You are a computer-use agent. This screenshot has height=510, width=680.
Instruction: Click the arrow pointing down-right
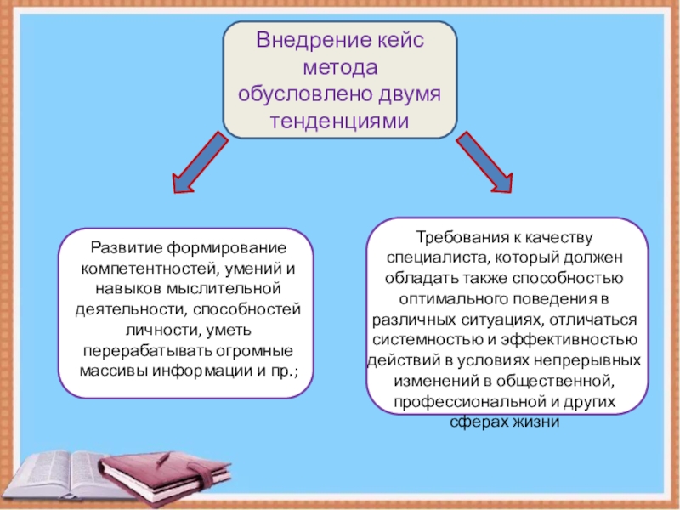click(x=484, y=160)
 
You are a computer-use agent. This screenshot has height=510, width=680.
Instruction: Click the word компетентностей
click(x=147, y=268)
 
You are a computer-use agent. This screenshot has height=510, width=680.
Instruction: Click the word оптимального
click(x=452, y=299)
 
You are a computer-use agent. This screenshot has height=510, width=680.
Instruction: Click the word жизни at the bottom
click(x=535, y=422)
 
